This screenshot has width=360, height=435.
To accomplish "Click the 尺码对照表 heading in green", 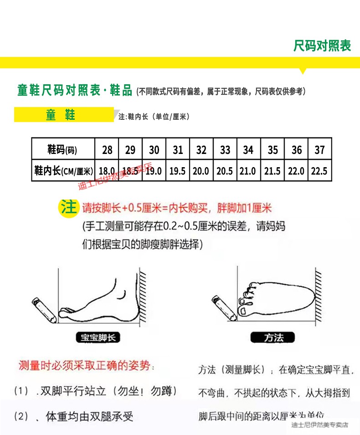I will pos(322,46).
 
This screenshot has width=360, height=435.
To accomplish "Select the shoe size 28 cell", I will pos(107,150).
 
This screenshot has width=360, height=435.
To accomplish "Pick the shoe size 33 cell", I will pos(225,150).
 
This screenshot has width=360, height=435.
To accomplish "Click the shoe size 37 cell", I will pos(319,150).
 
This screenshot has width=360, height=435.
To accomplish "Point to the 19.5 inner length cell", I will pos(177,171).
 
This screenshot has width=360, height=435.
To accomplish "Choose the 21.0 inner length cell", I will pos(248,171).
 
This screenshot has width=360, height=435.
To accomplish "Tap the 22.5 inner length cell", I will pos(319,171).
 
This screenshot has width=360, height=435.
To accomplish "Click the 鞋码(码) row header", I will pos(63,150).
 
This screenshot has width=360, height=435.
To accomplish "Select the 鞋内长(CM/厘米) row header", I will pos(63,171).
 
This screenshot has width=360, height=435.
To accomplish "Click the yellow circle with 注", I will pos(69,208).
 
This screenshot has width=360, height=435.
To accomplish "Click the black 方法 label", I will pos(273,338).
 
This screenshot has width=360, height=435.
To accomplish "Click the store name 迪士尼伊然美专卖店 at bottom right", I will pos(319,425).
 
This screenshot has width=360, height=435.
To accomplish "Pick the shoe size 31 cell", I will pos(178,150).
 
